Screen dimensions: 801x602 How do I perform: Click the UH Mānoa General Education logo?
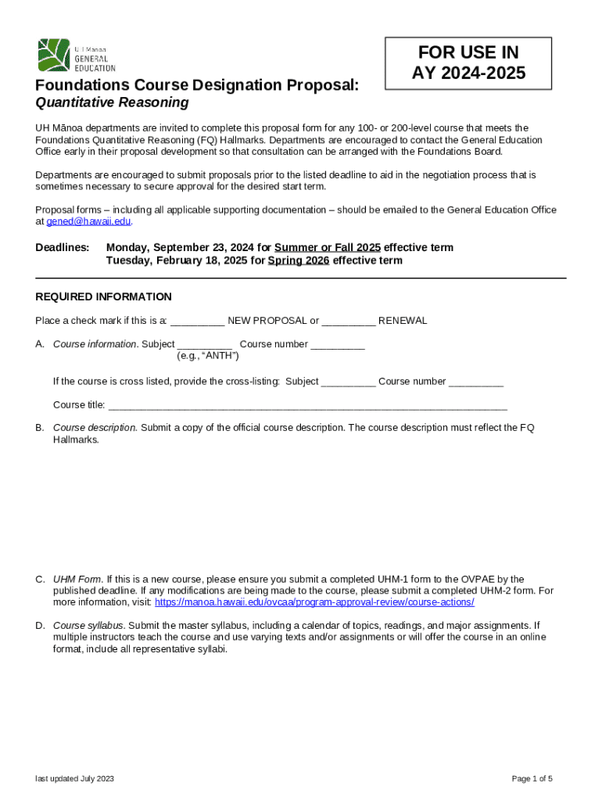(x=77, y=56)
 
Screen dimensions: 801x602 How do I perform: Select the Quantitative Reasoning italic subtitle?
(x=112, y=102)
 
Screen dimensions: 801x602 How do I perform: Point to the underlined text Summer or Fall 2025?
(x=328, y=248)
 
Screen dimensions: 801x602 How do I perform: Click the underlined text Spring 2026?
(x=298, y=260)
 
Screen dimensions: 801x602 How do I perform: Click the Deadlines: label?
(x=63, y=248)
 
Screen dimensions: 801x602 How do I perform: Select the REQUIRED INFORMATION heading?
(x=103, y=296)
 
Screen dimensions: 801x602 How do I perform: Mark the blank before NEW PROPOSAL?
(x=198, y=321)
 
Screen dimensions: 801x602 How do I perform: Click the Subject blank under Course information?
(x=205, y=345)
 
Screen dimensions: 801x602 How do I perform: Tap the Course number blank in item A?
(x=337, y=345)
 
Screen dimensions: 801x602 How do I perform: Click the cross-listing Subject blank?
(x=348, y=382)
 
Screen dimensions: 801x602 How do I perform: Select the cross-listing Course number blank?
(x=476, y=382)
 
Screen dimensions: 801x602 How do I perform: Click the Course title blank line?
(x=307, y=405)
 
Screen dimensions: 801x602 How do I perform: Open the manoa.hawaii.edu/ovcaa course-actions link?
(x=314, y=602)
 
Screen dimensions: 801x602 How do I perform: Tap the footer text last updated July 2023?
(x=75, y=778)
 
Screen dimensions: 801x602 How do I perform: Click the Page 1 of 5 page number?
(x=532, y=778)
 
